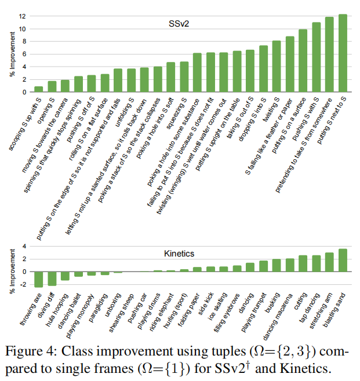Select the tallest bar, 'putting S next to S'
343,53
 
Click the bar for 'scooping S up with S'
38,89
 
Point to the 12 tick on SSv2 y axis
23,16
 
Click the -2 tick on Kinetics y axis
23,284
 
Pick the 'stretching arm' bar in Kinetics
329,262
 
